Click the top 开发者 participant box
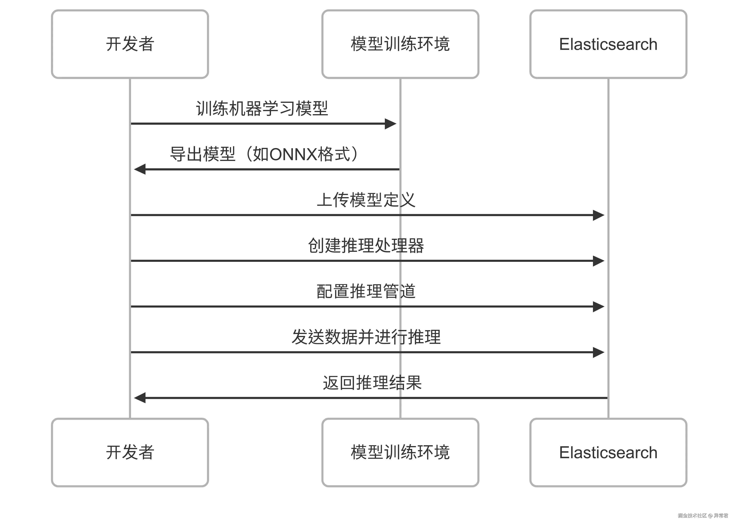point(130,44)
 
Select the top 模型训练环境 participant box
point(400,44)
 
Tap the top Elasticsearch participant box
point(608,44)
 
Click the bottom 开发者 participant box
point(130,452)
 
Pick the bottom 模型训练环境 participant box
point(400,452)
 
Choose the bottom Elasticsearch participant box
point(608,452)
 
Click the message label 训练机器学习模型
point(262,109)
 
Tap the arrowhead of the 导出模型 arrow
point(140,169)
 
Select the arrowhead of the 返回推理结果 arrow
point(140,398)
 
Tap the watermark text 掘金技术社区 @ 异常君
point(703,515)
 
